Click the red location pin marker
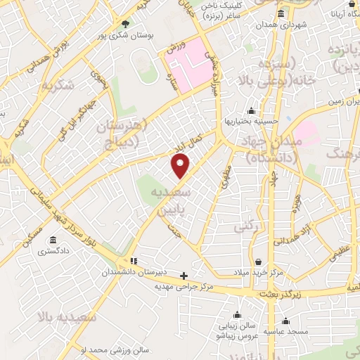pos(181,167)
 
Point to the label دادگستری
pos(53,251)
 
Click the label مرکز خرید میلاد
pos(258,272)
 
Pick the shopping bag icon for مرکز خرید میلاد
pos(258,261)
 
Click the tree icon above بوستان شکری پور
pos(125,22)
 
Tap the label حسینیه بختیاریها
pos(252,121)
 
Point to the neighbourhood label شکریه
pos(58,86)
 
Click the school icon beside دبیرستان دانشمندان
pos(134,260)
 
